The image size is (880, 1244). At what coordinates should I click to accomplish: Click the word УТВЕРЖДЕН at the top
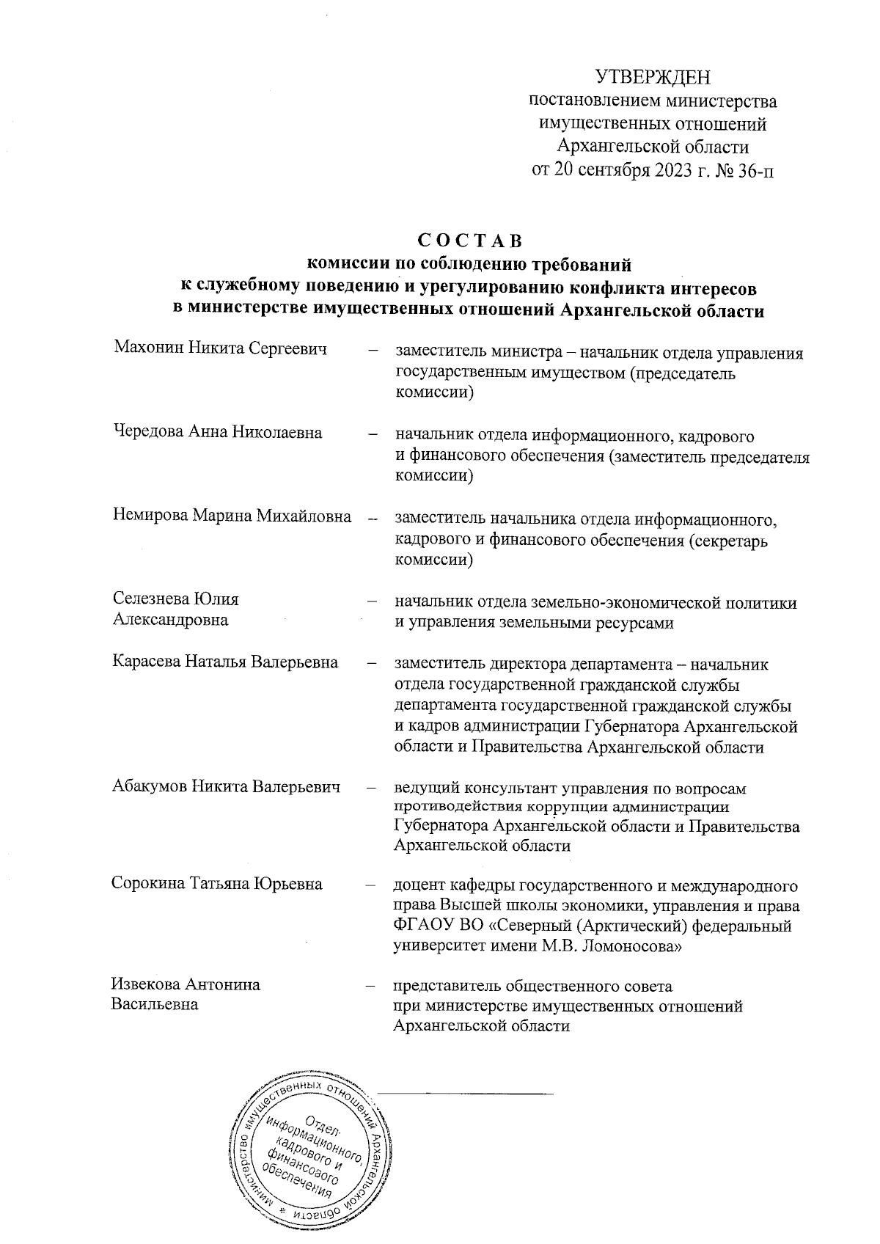653,77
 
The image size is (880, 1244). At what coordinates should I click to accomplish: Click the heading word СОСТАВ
469,240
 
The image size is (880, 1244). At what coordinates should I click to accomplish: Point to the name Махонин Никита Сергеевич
219,348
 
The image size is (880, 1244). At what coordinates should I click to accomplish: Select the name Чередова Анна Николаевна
217,432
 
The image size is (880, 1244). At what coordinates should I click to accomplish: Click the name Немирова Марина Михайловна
232,516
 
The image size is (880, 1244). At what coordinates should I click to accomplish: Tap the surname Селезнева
151,599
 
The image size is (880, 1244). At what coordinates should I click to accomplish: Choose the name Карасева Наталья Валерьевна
225,662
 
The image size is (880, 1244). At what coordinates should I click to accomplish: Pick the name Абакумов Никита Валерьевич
226,788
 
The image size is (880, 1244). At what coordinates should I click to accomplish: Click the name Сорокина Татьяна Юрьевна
217,883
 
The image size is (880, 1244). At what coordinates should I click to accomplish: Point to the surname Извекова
146,984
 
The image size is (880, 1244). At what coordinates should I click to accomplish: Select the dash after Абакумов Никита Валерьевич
373,789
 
